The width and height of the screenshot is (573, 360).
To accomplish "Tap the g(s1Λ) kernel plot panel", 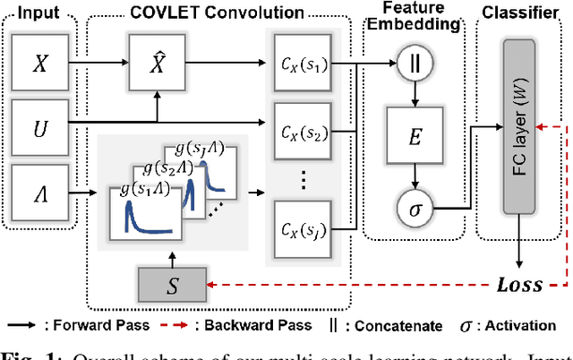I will (x=141, y=212).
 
